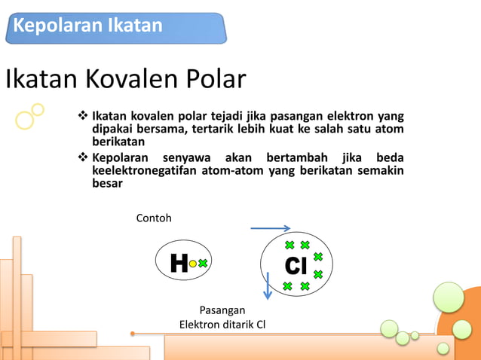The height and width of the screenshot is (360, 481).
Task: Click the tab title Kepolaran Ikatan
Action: [88, 26]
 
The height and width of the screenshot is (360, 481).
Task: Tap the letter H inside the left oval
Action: [179, 264]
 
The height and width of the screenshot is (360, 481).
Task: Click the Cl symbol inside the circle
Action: [296, 266]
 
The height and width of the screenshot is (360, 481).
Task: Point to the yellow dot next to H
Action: [193, 264]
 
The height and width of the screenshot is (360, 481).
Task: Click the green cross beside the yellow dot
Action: [203, 264]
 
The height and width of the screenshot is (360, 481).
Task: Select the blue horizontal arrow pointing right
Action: [270, 228]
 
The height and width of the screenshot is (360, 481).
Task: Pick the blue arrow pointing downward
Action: [267, 286]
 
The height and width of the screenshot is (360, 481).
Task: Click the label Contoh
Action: [154, 218]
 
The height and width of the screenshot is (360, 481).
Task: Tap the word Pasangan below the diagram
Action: [222, 310]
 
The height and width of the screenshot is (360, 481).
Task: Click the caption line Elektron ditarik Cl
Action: [222, 325]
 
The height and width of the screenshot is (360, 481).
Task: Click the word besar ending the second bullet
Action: [106, 183]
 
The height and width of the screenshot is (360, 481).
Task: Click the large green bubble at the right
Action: [449, 297]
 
